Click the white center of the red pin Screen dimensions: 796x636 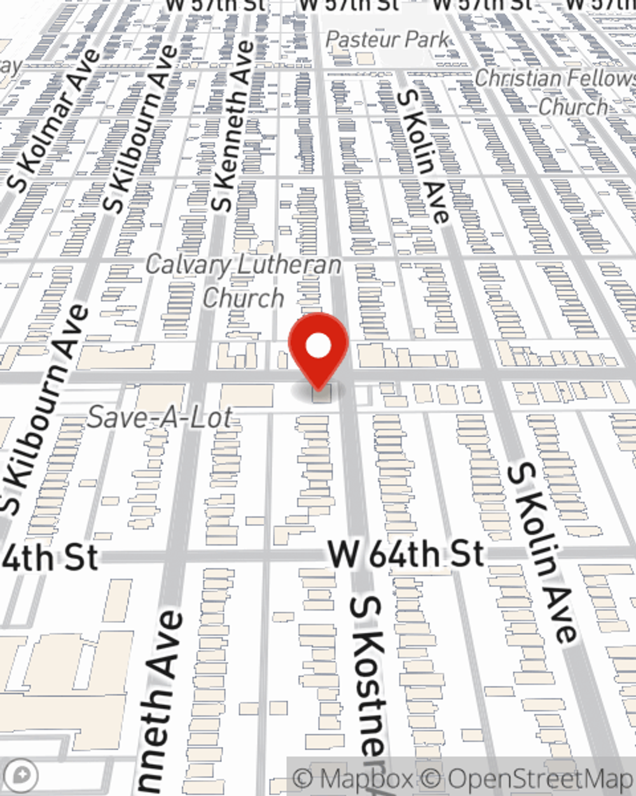[319, 347]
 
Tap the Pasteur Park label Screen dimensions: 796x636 [387, 39]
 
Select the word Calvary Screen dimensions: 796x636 [184, 264]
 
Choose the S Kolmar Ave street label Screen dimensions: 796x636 [56, 120]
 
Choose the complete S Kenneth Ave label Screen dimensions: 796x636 [233, 127]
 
